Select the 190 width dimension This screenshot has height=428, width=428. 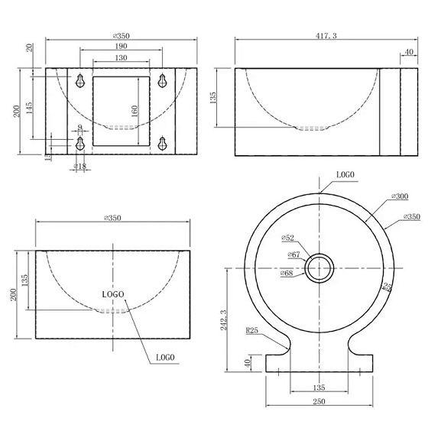tap(122, 47)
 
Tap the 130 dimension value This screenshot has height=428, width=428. tap(122, 58)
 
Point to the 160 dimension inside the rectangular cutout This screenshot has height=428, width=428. tap(135, 110)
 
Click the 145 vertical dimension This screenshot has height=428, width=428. tap(29, 108)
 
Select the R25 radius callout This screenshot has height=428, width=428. tap(252, 332)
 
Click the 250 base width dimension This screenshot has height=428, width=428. tap(319, 401)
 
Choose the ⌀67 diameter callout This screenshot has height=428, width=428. tap(294, 255)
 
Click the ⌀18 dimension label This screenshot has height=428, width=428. tap(79, 166)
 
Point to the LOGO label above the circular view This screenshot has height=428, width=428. tap(345, 175)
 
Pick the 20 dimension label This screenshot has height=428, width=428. tap(29, 48)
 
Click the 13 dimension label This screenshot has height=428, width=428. tap(47, 157)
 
